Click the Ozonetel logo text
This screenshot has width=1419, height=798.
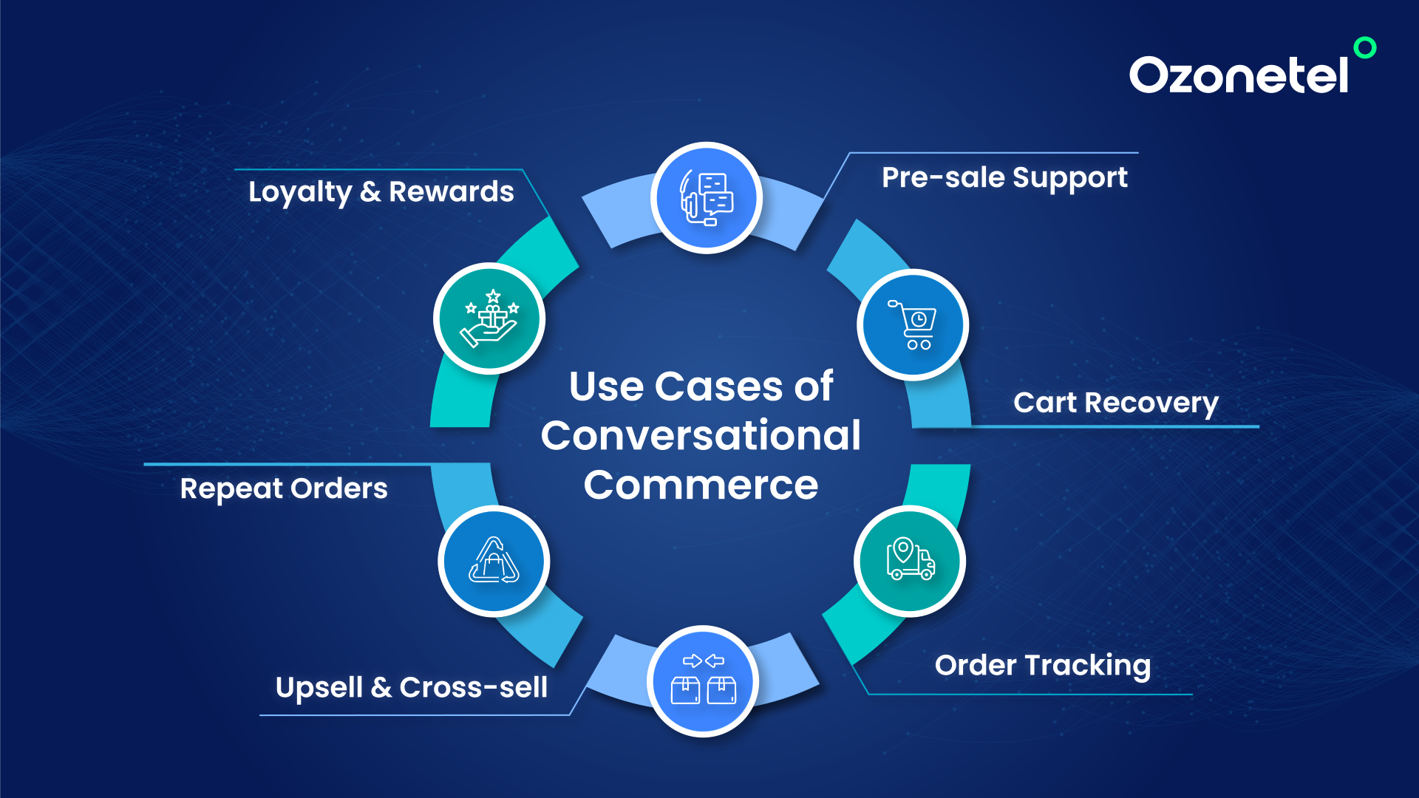coord(1239,75)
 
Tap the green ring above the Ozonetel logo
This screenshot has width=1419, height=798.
coord(1364,47)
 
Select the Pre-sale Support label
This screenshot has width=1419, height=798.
coord(1004,177)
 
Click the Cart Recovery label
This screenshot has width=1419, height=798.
coord(1115,403)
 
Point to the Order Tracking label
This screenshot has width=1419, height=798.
coord(1042,665)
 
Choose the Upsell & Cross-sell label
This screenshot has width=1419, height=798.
coord(411,687)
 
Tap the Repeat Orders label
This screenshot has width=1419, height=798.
coord(284,488)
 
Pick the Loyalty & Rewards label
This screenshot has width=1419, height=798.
coord(381,192)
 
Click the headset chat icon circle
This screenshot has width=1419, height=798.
coord(706,198)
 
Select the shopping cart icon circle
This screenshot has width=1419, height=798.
coord(913,324)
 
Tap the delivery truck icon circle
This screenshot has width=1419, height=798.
coord(910,560)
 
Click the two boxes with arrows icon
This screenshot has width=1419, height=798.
coord(703,681)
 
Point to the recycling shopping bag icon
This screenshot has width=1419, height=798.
coord(494,561)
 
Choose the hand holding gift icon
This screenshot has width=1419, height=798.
coord(489,318)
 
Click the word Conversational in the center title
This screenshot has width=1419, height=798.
coord(701,435)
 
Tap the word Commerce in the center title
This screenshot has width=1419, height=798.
coord(701,485)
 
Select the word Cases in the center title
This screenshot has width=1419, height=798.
coord(718,386)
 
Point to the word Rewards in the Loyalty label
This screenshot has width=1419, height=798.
coord(451,192)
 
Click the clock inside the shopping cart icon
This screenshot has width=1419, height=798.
coord(919,319)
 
